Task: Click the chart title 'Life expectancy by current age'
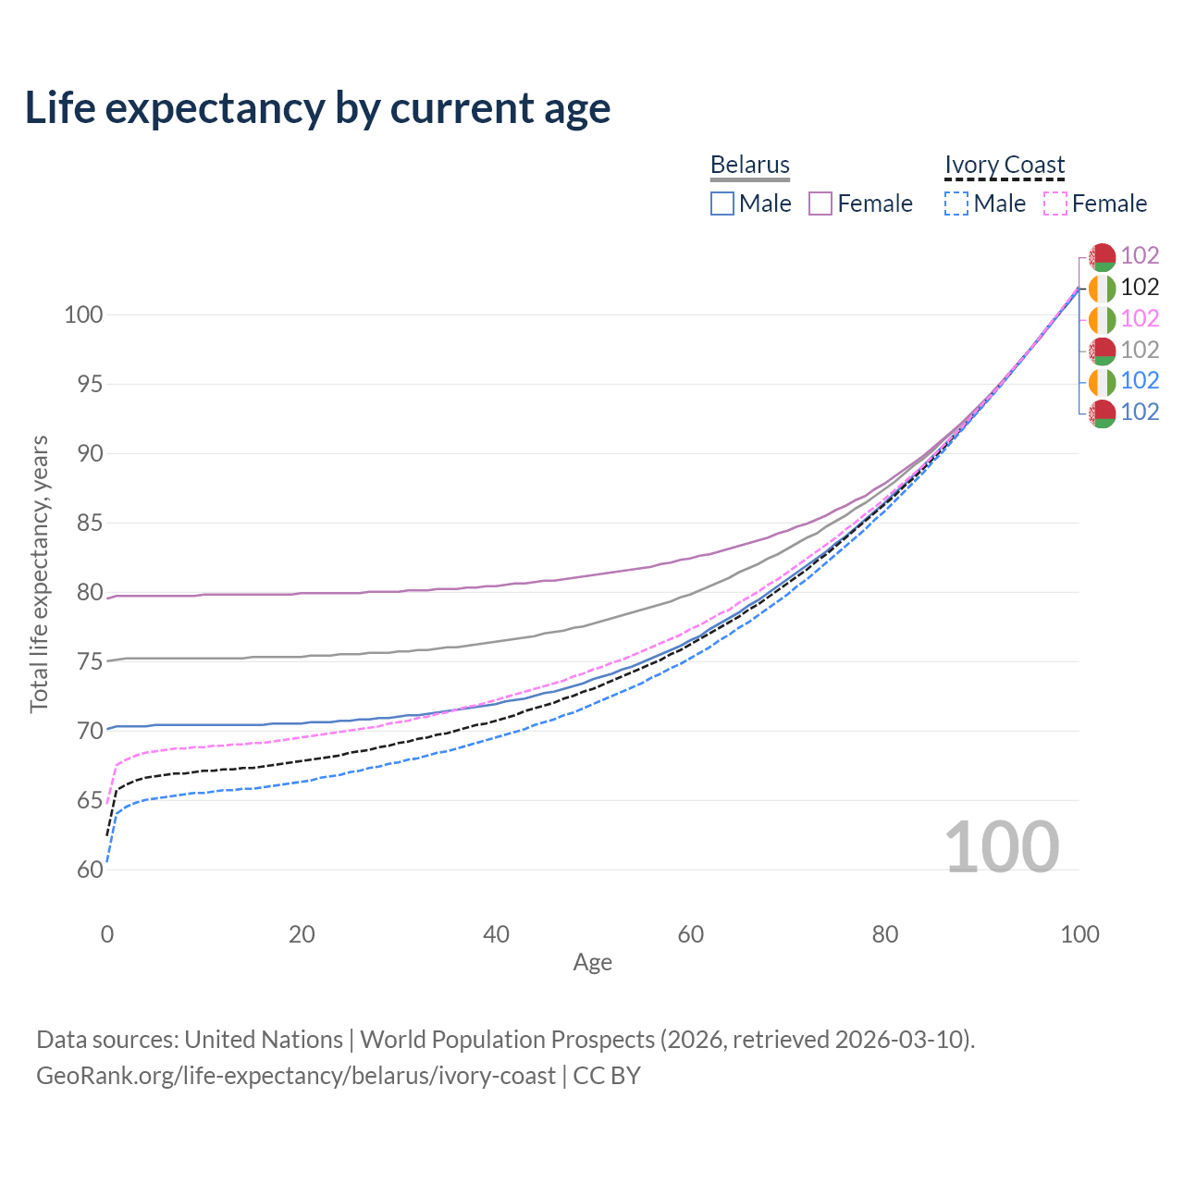pyautogui.click(x=317, y=108)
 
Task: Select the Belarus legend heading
pyautogui.click(x=749, y=165)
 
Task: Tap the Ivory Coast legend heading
pyautogui.click(x=1004, y=165)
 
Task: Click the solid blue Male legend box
pyautogui.click(x=721, y=203)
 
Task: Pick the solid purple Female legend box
pyautogui.click(x=820, y=203)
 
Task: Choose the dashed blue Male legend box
pyautogui.click(x=956, y=203)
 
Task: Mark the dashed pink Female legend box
pyautogui.click(x=1055, y=203)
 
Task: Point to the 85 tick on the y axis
pyautogui.click(x=90, y=523)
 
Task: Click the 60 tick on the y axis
pyautogui.click(x=90, y=869)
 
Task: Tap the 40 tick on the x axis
pyautogui.click(x=496, y=934)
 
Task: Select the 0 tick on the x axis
pyautogui.click(x=107, y=934)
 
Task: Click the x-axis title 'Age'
pyautogui.click(x=592, y=963)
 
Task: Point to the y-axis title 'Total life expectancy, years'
pyautogui.click(x=39, y=574)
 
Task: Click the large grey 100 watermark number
pyautogui.click(x=1002, y=846)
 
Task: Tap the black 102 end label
pyautogui.click(x=1140, y=287)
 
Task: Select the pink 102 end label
pyautogui.click(x=1140, y=318)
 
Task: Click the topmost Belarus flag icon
pyautogui.click(x=1103, y=257)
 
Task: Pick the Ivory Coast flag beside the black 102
pyautogui.click(x=1103, y=289)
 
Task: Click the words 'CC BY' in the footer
pyautogui.click(x=607, y=1076)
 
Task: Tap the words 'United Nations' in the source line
pyautogui.click(x=264, y=1040)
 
